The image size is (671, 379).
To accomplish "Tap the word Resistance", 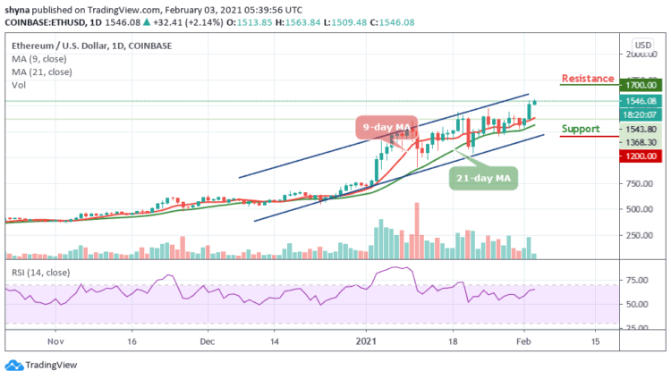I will (x=588, y=79).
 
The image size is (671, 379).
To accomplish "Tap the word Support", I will (x=580, y=129).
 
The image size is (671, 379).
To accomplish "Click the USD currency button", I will (x=642, y=43).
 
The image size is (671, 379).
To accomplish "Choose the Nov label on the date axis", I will (x=55, y=341).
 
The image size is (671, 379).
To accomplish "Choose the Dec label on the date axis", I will (x=207, y=341).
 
